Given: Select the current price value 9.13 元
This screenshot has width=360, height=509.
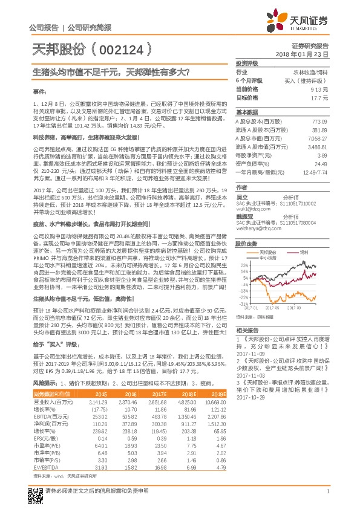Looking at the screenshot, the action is [x=319, y=88].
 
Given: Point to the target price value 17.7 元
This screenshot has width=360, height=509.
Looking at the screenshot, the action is [x=319, y=97].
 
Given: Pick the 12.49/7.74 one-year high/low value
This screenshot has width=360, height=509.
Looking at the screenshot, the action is [x=315, y=172].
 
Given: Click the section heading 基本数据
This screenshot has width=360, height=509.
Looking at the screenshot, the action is [x=247, y=112].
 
